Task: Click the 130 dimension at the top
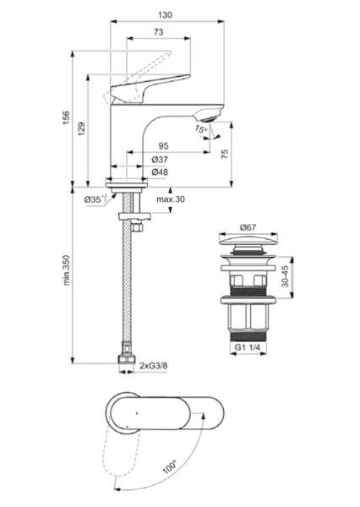(x=165, y=15)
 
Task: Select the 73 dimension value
(x=159, y=32)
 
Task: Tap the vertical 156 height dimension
(x=66, y=117)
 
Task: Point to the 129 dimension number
(x=81, y=128)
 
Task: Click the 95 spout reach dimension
(x=163, y=146)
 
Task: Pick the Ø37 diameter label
(x=160, y=160)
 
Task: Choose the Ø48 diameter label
(x=160, y=172)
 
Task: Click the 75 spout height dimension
(x=225, y=154)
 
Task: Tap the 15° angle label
(x=200, y=129)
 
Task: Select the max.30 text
(x=171, y=199)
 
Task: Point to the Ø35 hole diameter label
(x=95, y=199)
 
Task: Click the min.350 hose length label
(x=66, y=270)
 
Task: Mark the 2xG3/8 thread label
(x=154, y=366)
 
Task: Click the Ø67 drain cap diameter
(x=248, y=227)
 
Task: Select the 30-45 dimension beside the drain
(x=285, y=276)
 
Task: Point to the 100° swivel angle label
(x=169, y=467)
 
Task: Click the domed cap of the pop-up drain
(x=248, y=240)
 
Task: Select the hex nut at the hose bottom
(x=126, y=359)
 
